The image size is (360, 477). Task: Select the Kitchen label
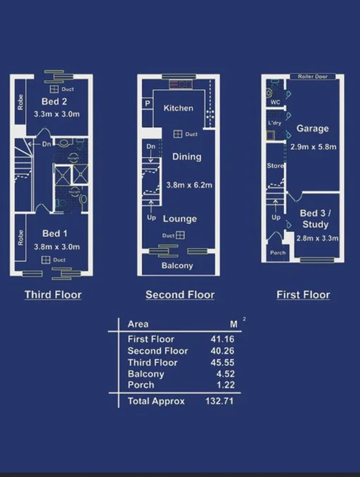point(178,108)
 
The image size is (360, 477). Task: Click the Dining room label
point(186,157)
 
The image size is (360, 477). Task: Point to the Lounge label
point(181,218)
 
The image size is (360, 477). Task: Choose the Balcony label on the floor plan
point(177,266)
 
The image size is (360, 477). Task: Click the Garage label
point(312,129)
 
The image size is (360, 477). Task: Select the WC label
point(275,103)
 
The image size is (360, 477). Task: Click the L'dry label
point(275,123)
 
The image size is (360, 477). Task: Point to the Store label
point(274,165)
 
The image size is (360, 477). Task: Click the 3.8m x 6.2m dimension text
point(188,185)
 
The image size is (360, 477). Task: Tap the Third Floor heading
point(53,295)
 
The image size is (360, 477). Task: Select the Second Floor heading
point(179,295)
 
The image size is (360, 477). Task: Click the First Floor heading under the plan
point(303,295)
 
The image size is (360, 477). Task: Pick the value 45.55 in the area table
point(222,362)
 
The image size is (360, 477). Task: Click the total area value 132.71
point(219,401)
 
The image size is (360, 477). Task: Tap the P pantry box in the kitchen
point(148,103)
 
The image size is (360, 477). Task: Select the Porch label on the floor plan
point(278,253)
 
